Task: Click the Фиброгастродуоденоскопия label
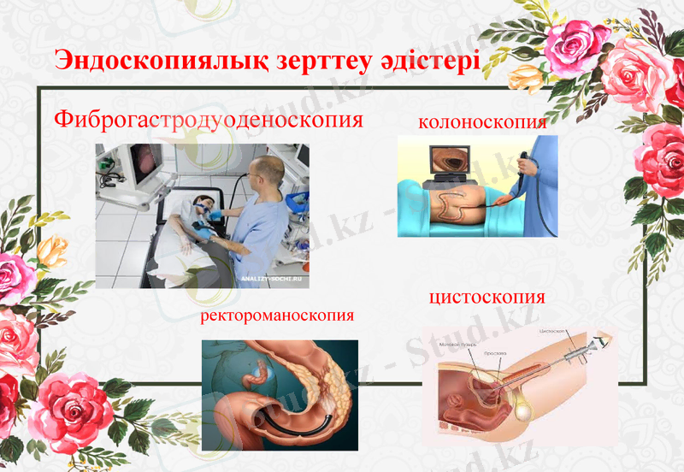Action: (x=209, y=118)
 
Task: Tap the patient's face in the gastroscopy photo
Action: (x=203, y=206)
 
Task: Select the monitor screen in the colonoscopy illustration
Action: (x=452, y=161)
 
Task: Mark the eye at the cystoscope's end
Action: (x=604, y=340)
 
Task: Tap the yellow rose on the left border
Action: (x=53, y=250)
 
